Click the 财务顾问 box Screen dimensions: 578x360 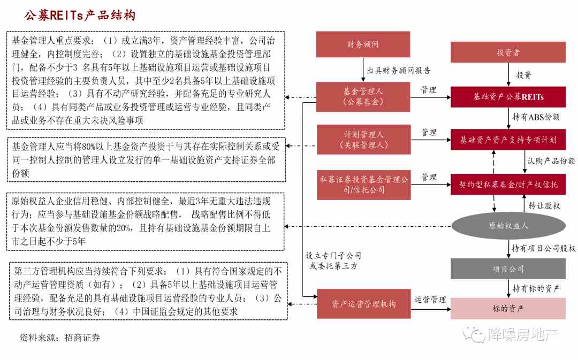[x=363, y=44]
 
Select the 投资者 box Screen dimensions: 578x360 [x=508, y=52]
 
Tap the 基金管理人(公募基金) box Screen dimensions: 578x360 [x=363, y=97]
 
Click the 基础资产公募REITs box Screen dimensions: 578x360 [x=508, y=97]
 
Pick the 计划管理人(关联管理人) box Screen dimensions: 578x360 [x=364, y=139]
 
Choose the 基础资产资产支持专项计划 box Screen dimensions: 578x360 [x=508, y=140]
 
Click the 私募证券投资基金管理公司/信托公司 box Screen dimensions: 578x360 [x=364, y=185]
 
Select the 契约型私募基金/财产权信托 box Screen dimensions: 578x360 [x=508, y=184]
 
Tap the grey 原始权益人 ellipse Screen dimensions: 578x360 [x=508, y=226]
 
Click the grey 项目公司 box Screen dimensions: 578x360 [x=508, y=269]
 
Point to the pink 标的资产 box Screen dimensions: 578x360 [x=508, y=309]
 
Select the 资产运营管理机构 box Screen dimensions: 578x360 [x=364, y=304]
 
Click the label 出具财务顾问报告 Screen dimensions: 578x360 [x=399, y=71]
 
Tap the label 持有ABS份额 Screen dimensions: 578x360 [x=536, y=117]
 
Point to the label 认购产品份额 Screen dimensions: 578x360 [x=551, y=160]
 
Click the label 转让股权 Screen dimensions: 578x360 [x=544, y=205]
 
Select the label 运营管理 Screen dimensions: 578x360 [x=430, y=300]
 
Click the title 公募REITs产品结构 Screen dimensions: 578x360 [x=80, y=15]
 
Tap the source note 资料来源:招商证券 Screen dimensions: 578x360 [x=60, y=338]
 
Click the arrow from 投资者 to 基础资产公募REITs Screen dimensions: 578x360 [x=508, y=74]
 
